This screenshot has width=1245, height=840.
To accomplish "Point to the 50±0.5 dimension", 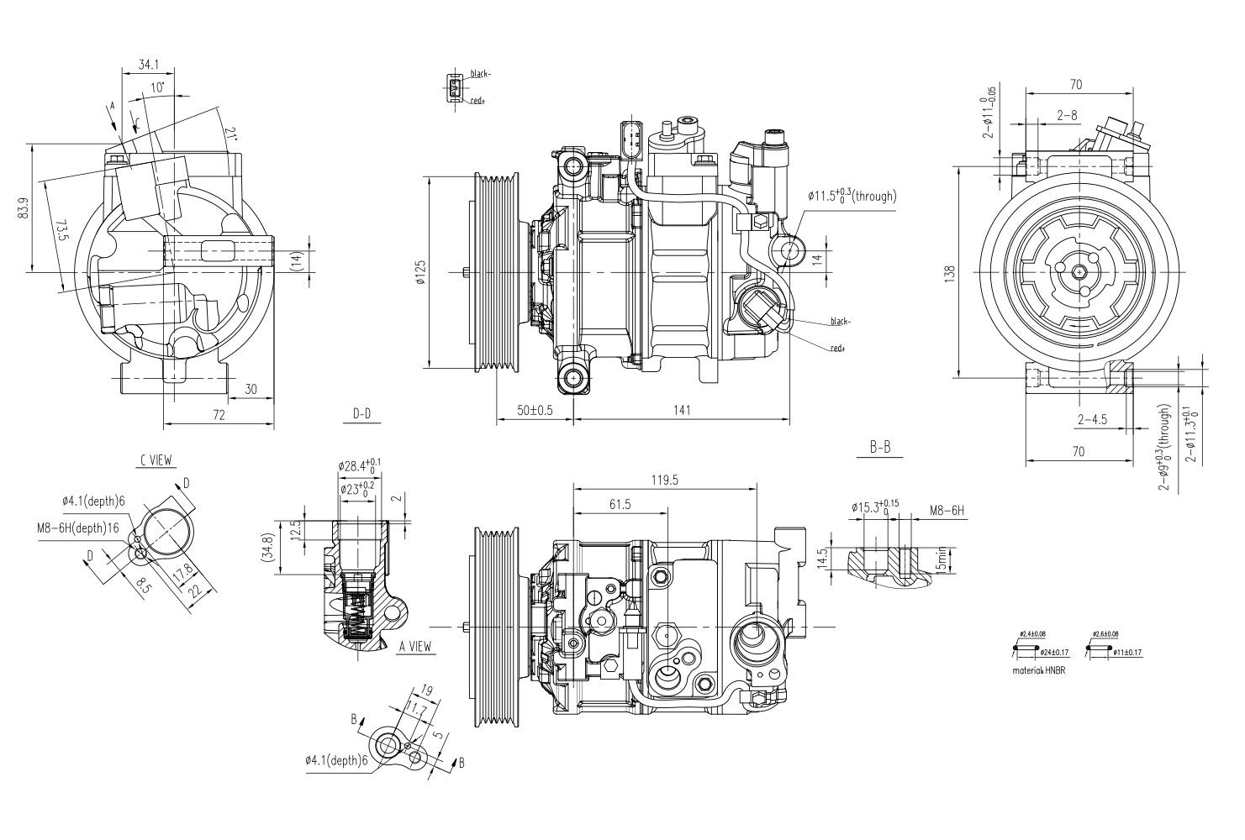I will (535, 410).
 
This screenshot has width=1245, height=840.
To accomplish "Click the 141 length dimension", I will (682, 410).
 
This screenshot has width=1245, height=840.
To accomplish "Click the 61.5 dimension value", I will (620, 504).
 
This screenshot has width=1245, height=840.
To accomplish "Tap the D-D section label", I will (361, 413).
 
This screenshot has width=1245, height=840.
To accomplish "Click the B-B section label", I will (880, 448).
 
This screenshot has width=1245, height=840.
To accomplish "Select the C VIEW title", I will (156, 459).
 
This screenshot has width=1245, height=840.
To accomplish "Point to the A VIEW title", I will (414, 646).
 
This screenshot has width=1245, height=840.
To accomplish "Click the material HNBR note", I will (1040, 671).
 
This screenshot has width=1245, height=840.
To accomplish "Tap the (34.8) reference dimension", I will (268, 552).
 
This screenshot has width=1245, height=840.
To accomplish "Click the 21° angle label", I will (230, 133).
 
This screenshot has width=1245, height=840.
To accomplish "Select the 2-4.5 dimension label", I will (1092, 418).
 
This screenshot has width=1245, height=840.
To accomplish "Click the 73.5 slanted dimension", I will (61, 232).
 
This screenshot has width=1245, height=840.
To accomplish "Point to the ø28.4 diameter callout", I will (360, 465).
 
